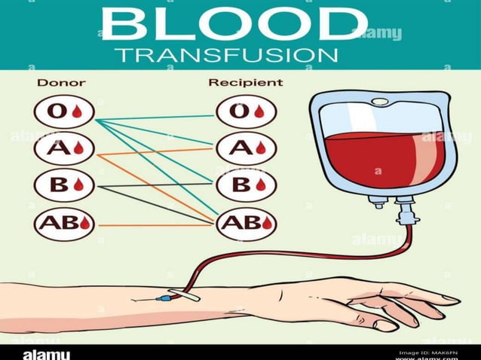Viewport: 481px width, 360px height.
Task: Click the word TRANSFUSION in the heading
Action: pos(226,56)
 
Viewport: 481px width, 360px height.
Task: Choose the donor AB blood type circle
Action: pos(64,224)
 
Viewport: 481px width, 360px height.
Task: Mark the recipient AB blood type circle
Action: pos(245,224)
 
